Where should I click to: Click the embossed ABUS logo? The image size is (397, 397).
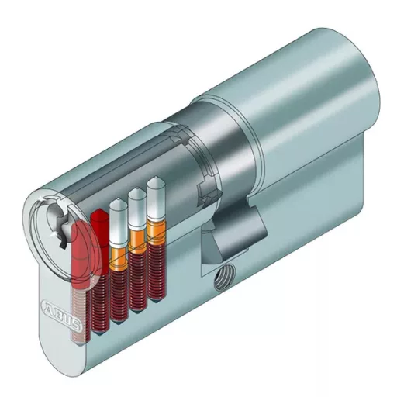(x=61, y=316)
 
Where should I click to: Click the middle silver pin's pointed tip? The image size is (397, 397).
(x=137, y=191)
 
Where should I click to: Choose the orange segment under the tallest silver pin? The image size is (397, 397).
(x=156, y=231)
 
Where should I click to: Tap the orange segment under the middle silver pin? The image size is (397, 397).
(x=137, y=241)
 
